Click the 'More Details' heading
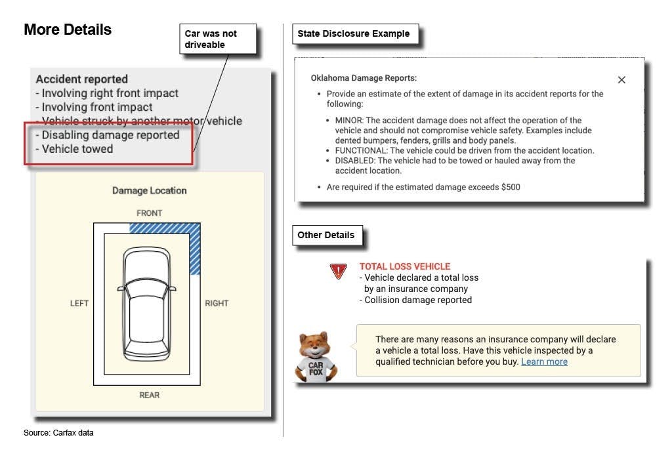[x=68, y=30]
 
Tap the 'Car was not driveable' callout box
[x=217, y=39]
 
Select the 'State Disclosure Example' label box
[x=354, y=34]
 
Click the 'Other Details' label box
[x=326, y=235]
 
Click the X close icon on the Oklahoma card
[x=621, y=80]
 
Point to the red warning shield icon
[x=338, y=270]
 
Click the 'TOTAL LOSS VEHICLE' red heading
[x=405, y=266]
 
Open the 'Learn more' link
[x=544, y=361]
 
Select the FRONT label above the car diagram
[x=150, y=213]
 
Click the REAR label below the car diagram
[x=150, y=395]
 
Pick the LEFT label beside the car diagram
[x=79, y=304]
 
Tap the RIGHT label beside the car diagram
[x=217, y=304]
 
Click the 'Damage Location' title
[x=150, y=191]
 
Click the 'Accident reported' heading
[x=82, y=79]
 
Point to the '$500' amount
[x=511, y=187]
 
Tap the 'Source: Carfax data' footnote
[x=58, y=433]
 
